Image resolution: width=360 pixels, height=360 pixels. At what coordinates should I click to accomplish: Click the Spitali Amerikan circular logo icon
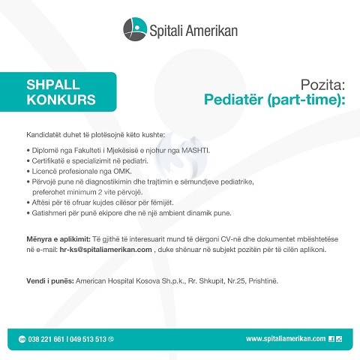tap(135, 29)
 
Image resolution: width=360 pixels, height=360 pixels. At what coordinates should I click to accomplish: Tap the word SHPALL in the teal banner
tap(53, 85)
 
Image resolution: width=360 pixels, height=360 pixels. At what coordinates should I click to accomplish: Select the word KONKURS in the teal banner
tap(61, 100)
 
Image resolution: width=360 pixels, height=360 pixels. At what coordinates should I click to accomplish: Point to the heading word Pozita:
tap(322, 85)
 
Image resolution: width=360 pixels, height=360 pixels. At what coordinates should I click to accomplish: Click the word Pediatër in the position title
tap(234, 100)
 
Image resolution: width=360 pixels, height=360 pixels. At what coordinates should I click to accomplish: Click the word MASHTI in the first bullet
tap(196, 150)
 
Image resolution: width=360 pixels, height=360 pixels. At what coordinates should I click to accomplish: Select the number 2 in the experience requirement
tap(100, 192)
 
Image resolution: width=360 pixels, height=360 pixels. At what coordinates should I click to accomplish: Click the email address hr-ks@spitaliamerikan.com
tap(106, 250)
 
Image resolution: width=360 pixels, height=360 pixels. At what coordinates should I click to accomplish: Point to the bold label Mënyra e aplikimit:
tap(58, 239)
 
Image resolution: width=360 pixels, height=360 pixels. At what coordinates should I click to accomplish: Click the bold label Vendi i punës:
tap(50, 280)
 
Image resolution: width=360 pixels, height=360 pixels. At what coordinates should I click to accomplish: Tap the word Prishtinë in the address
tap(263, 280)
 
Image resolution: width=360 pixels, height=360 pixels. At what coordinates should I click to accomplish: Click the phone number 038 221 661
tap(46, 339)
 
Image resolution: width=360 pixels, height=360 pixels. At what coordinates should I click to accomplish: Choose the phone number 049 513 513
tap(88, 339)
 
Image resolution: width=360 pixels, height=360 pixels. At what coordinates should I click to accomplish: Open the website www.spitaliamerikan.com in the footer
tap(286, 339)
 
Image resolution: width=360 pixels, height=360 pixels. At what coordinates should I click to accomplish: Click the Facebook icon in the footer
tap(331, 339)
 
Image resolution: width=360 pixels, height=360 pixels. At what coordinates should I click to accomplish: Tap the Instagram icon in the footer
tap(339, 339)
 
